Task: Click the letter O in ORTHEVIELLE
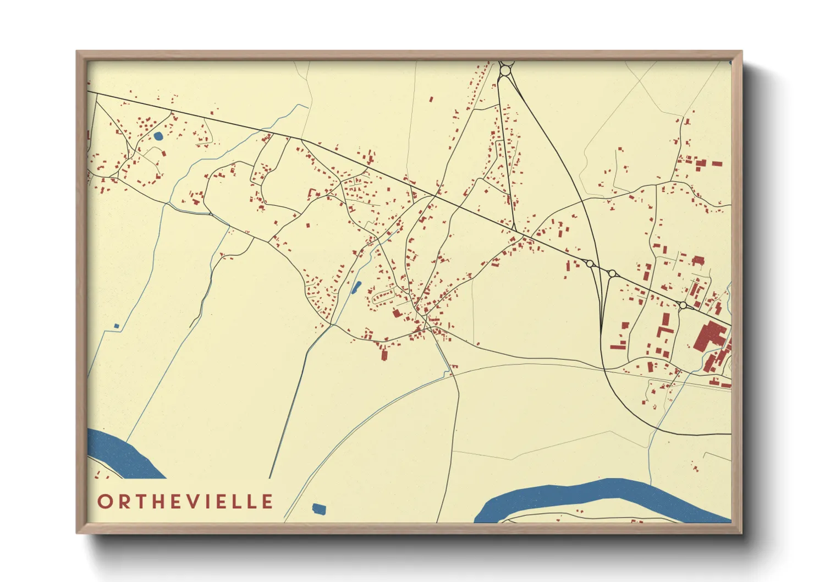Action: (x=105, y=502)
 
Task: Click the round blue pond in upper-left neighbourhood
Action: (x=158, y=135)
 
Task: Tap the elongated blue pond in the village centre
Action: (x=356, y=287)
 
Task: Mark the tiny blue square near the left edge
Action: (x=116, y=326)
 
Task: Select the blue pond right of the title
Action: (x=318, y=509)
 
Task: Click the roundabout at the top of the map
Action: (x=505, y=70)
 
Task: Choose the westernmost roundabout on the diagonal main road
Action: (x=590, y=264)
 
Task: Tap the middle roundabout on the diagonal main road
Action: (x=612, y=273)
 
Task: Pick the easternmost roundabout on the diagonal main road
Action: (x=683, y=305)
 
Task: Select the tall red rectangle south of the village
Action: (x=384, y=355)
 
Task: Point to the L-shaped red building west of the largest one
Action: (x=664, y=325)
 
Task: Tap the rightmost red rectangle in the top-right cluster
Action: (x=717, y=163)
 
